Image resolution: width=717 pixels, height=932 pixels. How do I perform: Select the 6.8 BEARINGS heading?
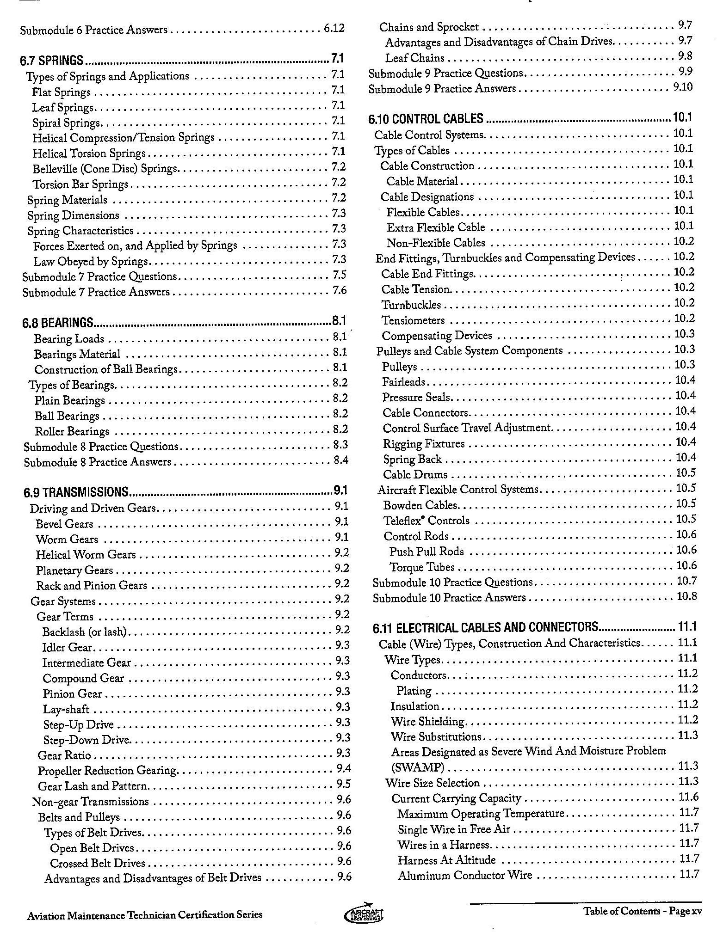click(58, 322)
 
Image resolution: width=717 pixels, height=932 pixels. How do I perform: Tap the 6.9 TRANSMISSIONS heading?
click(76, 491)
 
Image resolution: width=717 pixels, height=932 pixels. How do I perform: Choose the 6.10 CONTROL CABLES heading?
click(426, 119)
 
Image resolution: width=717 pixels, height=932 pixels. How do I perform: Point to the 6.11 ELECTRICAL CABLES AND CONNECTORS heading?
click(485, 627)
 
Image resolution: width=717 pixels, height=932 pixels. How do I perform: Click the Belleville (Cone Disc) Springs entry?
click(105, 169)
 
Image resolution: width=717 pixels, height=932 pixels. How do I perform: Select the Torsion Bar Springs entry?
click(80, 184)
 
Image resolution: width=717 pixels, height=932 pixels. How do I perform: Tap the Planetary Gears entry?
click(74, 570)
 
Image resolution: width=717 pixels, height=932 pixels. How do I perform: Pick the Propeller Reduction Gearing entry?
click(108, 771)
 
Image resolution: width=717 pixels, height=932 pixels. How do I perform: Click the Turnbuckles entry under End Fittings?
click(411, 305)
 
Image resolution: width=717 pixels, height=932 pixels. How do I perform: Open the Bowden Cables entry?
click(420, 505)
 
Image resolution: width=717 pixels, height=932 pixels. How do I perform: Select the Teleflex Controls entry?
click(426, 521)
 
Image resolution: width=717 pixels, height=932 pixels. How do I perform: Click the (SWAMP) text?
click(418, 767)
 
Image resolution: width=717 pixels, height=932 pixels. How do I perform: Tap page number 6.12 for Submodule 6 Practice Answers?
click(334, 29)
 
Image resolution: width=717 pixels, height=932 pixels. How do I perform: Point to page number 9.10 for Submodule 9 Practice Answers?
click(683, 87)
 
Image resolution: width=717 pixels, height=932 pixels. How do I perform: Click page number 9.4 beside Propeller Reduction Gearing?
click(344, 769)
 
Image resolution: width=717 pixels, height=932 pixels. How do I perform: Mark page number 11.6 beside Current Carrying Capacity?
click(688, 797)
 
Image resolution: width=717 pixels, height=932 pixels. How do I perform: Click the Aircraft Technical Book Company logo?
click(365, 913)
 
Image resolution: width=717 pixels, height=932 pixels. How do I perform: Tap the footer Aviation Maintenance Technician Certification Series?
click(145, 914)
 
